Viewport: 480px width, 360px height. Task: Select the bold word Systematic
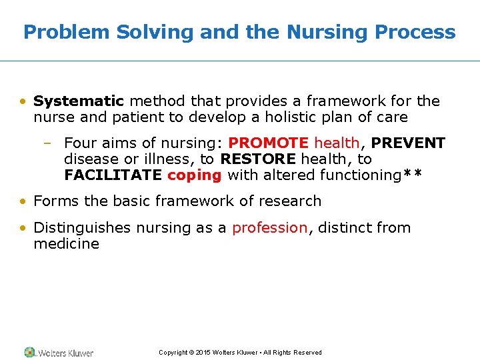(x=79, y=101)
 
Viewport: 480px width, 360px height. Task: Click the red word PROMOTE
(x=269, y=143)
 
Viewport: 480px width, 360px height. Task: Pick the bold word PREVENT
(x=409, y=143)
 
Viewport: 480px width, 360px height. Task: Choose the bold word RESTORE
(x=258, y=159)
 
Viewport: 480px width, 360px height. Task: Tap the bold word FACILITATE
(x=113, y=175)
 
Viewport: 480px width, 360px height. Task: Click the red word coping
(x=194, y=175)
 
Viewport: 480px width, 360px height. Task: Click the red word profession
(x=269, y=227)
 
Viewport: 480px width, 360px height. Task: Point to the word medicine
(x=66, y=243)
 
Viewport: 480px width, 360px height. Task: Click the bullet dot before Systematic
(x=23, y=102)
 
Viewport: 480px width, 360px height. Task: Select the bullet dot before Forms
(x=23, y=201)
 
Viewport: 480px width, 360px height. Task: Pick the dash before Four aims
(x=53, y=143)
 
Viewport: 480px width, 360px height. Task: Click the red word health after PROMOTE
(x=337, y=143)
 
